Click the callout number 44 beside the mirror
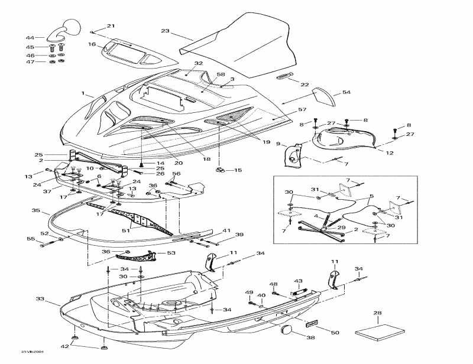(30, 38)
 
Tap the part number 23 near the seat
(165, 31)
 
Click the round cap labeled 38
(288, 331)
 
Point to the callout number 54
(346, 93)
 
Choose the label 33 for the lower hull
(40, 299)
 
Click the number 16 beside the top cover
(92, 44)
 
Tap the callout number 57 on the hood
(302, 110)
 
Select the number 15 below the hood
(238, 171)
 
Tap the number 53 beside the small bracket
(171, 253)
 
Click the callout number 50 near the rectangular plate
(335, 333)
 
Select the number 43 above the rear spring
(298, 281)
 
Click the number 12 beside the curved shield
(390, 153)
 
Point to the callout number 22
(304, 85)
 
